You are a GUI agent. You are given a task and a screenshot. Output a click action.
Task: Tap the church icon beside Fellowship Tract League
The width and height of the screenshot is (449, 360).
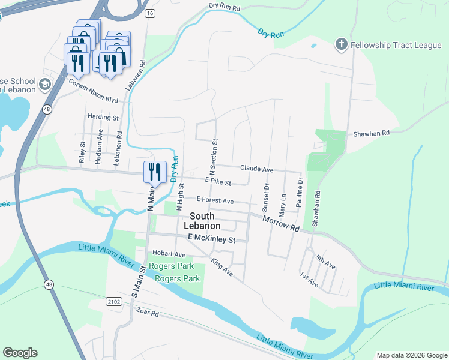[x=341, y=45]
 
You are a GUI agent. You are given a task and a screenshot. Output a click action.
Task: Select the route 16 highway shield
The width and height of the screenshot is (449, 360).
[x=149, y=13]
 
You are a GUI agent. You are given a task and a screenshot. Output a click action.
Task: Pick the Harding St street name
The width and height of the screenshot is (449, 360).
[x=103, y=118]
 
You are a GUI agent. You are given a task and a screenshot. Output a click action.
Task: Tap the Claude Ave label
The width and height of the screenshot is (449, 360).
[x=256, y=169]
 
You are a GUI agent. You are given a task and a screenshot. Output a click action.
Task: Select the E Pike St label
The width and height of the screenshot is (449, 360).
[x=218, y=181]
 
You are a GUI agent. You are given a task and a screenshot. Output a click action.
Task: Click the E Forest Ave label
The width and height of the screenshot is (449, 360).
[x=215, y=200]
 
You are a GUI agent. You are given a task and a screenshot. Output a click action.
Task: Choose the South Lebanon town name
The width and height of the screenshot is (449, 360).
[x=205, y=221]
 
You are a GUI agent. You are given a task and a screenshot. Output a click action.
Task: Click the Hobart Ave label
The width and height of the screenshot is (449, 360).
[x=169, y=254]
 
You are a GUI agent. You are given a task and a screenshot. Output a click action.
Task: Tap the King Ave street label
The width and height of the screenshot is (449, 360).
[x=222, y=268]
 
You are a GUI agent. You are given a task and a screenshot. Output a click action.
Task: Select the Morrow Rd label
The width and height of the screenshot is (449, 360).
[x=280, y=225]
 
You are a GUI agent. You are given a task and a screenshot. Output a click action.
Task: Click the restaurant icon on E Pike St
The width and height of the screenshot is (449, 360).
[x=154, y=172]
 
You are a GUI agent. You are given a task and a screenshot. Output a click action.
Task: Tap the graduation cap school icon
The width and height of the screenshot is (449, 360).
[x=44, y=85]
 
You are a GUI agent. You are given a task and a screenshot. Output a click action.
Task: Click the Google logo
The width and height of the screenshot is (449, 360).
[x=20, y=353]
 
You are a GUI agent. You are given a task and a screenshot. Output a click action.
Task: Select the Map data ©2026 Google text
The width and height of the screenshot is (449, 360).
[x=411, y=355]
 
